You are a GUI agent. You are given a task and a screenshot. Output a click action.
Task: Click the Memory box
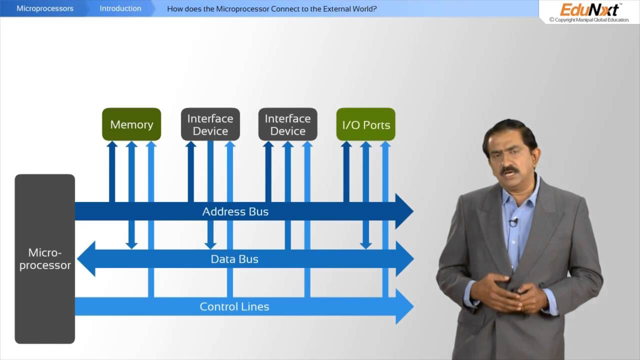131,124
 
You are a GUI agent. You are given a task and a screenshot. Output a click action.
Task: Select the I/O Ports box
366,124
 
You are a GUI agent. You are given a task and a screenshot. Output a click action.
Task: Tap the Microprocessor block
45,259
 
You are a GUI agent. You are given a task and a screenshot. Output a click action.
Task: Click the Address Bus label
235,211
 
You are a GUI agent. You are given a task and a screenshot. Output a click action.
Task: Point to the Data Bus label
234,259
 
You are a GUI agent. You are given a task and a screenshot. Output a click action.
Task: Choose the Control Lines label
234,306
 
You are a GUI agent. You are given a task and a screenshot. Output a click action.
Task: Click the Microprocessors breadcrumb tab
45,8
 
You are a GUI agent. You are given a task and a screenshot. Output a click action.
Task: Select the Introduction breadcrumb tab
120,8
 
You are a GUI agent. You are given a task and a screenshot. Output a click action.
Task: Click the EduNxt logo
589,9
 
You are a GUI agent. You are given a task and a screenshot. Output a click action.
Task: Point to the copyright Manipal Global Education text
589,20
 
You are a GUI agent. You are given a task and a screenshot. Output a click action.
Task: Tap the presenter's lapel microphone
513,222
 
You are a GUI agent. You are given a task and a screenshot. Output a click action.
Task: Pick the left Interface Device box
210,124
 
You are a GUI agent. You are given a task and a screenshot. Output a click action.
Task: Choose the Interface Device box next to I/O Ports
287,124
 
